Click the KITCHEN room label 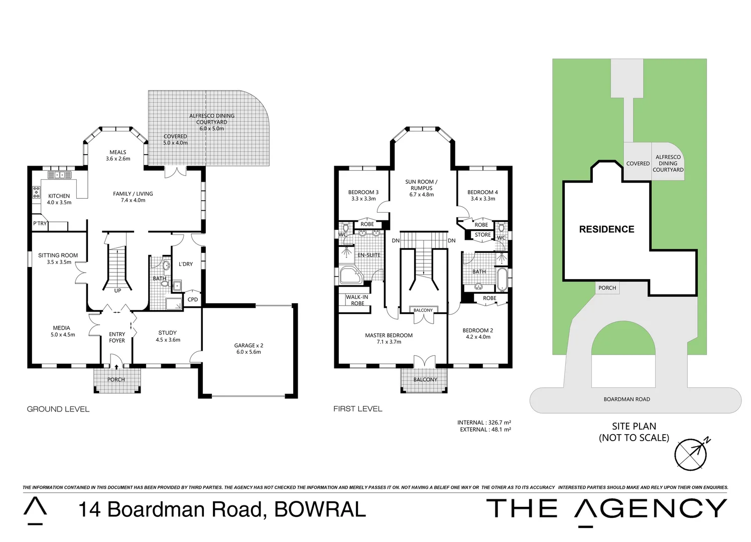click(59, 196)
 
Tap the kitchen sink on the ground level click(60, 175)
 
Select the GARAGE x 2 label click(248, 346)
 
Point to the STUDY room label click(168, 333)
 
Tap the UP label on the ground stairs click(117, 291)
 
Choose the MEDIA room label click(62, 328)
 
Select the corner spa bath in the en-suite click(350, 276)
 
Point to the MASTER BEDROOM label click(389, 336)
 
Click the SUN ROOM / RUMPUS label click(421, 185)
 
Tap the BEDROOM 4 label click(482, 192)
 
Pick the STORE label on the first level click(483, 235)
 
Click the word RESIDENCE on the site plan click(606, 229)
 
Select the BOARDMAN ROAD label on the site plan click(627, 399)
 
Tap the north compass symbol click(691, 454)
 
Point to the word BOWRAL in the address click(320, 509)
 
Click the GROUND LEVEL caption click(58, 409)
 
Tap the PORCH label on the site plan click(607, 288)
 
